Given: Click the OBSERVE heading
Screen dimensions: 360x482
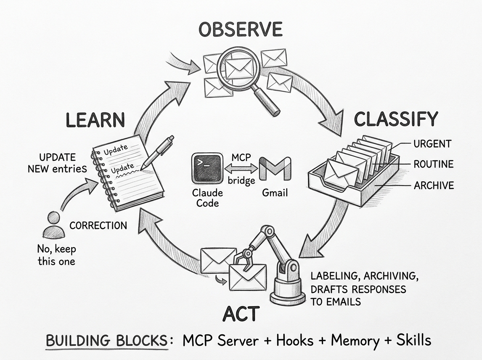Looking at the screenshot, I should pyautogui.click(x=241, y=30).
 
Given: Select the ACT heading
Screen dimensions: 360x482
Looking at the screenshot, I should pyautogui.click(x=241, y=314).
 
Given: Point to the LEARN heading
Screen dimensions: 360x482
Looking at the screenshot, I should pyautogui.click(x=95, y=120).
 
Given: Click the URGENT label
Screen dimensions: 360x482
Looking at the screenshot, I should pyautogui.click(x=432, y=144).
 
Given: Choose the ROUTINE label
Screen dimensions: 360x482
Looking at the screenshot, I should pyautogui.click(x=433, y=164).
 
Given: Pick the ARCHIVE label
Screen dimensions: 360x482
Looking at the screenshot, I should pyautogui.click(x=434, y=185).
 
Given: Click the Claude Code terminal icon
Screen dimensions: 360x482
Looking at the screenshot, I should pyautogui.click(x=207, y=168).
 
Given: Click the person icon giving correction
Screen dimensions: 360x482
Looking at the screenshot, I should pyautogui.click(x=52, y=225).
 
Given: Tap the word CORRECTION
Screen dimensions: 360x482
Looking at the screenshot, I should pyautogui.click(x=98, y=225).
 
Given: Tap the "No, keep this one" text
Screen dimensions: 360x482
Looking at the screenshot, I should pyautogui.click(x=56, y=255).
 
